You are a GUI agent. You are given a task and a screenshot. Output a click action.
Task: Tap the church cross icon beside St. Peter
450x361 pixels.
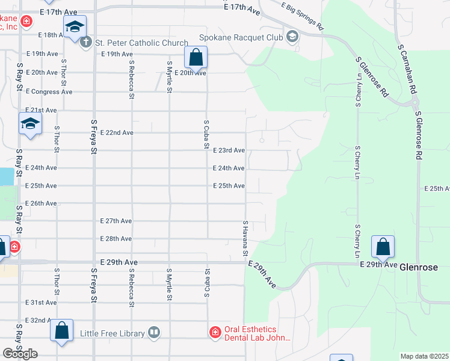(x=87, y=43)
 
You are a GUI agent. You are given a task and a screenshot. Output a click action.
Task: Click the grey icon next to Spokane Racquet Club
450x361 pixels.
(x=292, y=37)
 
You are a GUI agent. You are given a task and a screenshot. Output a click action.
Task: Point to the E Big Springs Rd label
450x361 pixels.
(x=303, y=16)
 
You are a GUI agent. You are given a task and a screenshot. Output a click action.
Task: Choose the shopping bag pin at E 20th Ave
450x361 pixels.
(x=196, y=59)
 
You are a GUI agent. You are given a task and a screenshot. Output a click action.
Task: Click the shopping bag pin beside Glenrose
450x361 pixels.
(x=383, y=247)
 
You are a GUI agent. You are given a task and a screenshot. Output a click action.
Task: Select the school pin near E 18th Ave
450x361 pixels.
(x=75, y=27)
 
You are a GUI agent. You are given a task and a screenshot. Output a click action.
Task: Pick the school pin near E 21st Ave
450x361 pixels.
(x=29, y=124)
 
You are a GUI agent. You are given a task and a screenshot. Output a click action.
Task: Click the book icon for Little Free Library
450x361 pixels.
(x=155, y=333)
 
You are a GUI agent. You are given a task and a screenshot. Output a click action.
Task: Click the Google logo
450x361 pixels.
(x=20, y=354)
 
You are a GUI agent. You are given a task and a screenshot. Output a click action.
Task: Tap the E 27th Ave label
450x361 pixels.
(x=117, y=221)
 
